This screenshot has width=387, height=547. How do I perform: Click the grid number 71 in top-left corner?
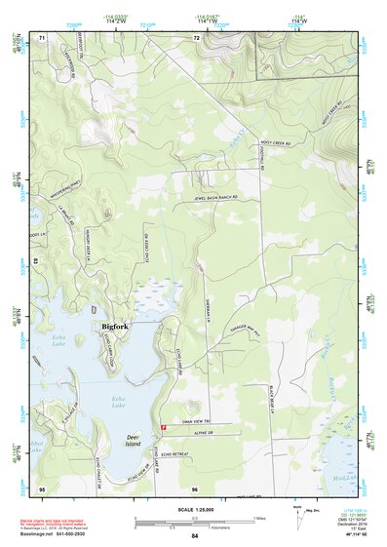(42, 38)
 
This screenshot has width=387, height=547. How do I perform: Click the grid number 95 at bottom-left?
(42, 487)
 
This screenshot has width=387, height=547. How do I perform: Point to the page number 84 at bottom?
(194, 536)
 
